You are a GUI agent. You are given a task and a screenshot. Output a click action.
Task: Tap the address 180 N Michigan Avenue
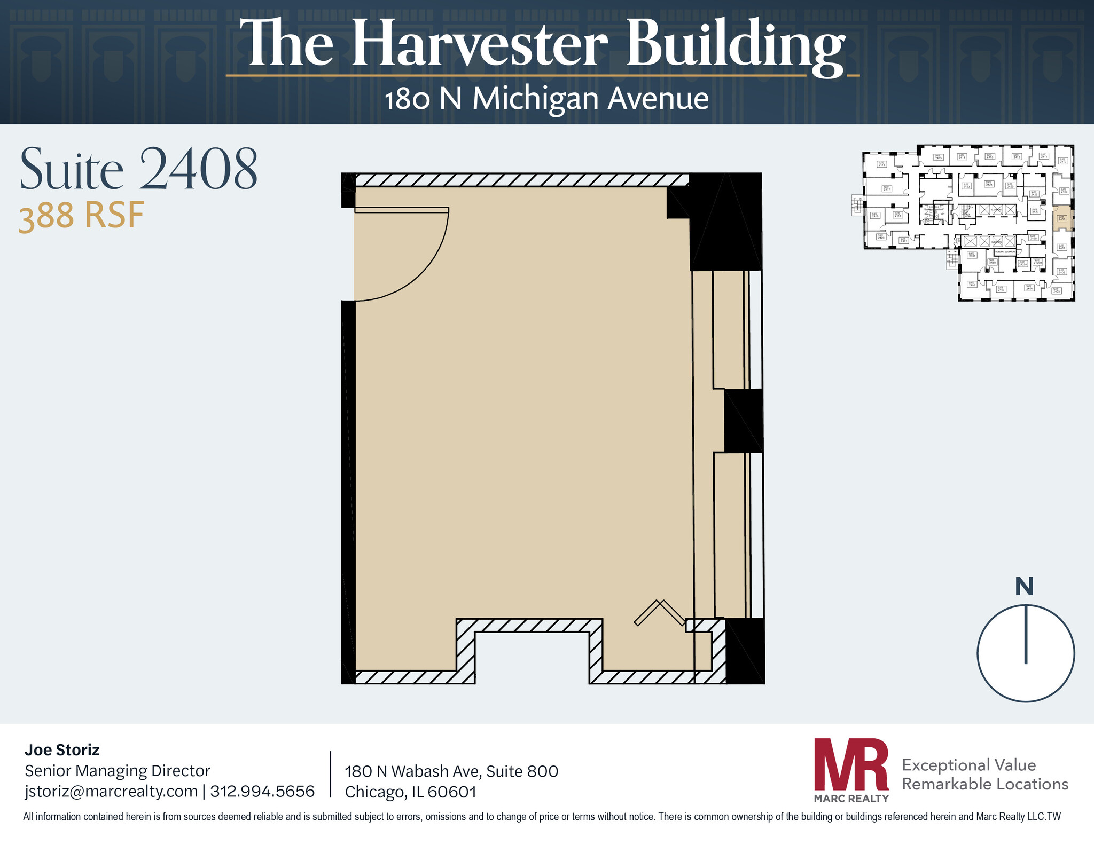tap(546, 99)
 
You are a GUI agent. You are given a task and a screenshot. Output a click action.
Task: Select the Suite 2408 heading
tap(139, 170)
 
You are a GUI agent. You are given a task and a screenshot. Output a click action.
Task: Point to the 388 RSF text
tap(82, 217)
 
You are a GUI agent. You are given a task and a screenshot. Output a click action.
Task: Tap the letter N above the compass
tap(1024, 587)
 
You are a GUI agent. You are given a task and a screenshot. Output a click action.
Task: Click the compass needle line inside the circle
tap(1026, 635)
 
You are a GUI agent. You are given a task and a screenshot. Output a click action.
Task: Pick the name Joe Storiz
tap(62, 750)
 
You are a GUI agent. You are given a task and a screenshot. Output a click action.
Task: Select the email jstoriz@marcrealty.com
tap(111, 791)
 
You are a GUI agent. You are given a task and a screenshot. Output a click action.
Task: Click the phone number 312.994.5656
tap(262, 791)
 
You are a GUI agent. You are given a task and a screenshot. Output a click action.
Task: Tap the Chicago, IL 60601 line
tap(410, 792)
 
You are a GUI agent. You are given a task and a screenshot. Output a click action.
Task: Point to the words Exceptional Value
tap(968, 765)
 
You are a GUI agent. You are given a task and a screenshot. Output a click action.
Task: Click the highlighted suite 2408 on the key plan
tap(1061, 218)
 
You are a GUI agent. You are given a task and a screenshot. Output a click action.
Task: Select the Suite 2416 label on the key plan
tap(882, 164)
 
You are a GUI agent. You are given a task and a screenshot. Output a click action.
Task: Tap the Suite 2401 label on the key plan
tap(972, 255)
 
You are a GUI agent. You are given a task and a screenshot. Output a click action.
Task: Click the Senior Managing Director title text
tap(118, 770)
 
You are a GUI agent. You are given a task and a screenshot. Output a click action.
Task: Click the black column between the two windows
tap(743, 420)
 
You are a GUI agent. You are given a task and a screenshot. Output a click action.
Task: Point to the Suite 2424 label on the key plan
tap(989, 183)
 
